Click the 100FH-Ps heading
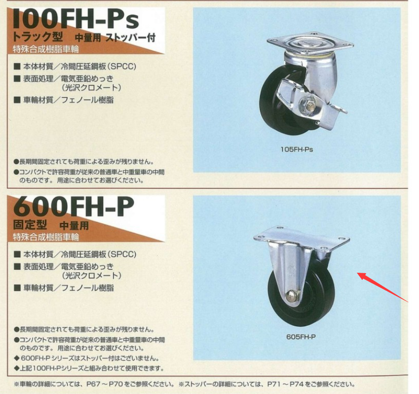[x=76, y=18]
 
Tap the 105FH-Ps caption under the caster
[x=297, y=149]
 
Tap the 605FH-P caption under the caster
[x=301, y=337]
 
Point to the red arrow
[x=383, y=287]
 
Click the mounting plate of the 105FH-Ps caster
[x=310, y=43]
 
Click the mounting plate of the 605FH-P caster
[x=302, y=238]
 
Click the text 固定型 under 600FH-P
[x=30, y=225]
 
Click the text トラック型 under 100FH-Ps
[x=38, y=37]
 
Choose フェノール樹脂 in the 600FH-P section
[x=87, y=288]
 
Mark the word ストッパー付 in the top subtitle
[x=130, y=37]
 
